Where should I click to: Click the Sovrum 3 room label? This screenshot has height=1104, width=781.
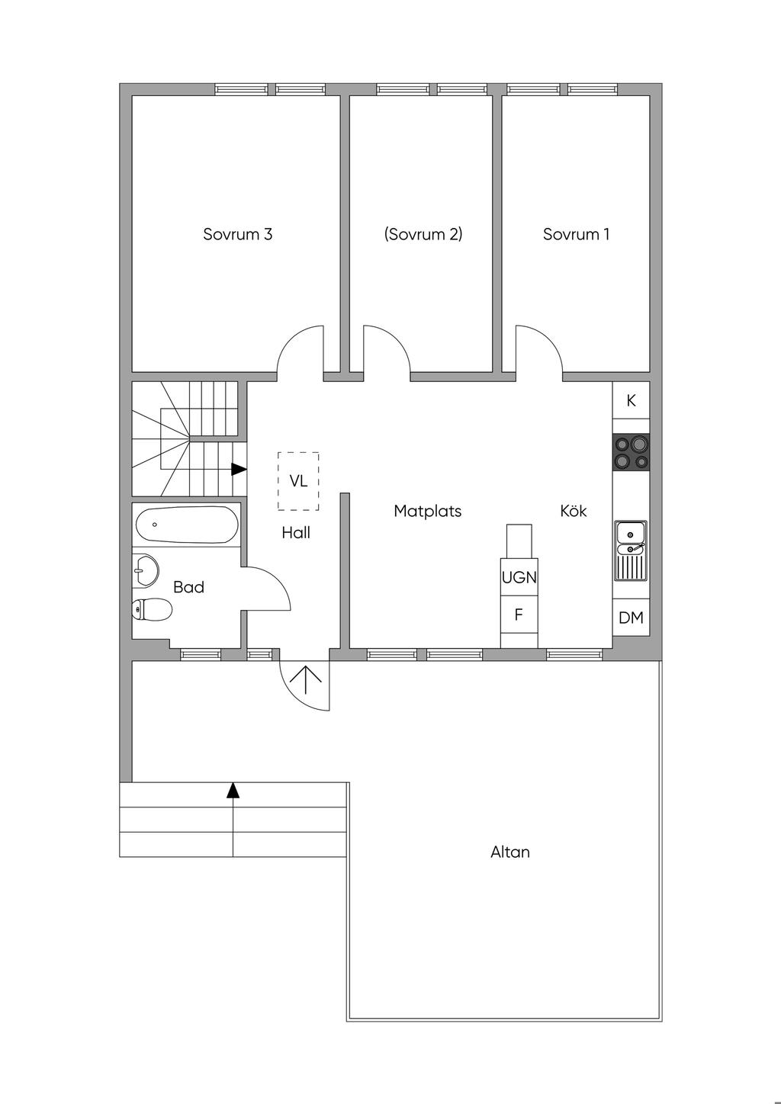pos(238,234)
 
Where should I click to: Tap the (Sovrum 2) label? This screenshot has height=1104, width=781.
pos(423,234)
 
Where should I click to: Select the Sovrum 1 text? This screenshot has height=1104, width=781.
pos(576,234)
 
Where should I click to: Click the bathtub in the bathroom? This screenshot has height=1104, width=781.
pos(187,525)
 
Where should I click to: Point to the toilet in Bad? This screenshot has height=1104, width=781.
pos(151,608)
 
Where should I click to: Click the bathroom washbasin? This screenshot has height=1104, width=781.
pos(146,571)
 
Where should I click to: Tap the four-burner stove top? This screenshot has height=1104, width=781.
pos(631,452)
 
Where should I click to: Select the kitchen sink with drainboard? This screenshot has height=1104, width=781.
pos(631,550)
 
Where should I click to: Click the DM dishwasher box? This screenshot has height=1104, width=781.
pos(631,617)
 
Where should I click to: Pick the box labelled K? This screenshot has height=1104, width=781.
pos(631,401)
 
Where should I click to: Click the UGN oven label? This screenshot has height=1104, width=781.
pos(519,577)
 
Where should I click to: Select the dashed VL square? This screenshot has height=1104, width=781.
pos(298,481)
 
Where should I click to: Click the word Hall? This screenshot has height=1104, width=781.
pos(296,532)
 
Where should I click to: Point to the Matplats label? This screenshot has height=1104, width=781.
pos(427,512)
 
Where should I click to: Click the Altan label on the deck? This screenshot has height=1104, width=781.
pos(509,852)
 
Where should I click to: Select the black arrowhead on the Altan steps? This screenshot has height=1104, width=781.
pos(233,790)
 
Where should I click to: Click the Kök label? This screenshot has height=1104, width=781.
pos(574,511)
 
